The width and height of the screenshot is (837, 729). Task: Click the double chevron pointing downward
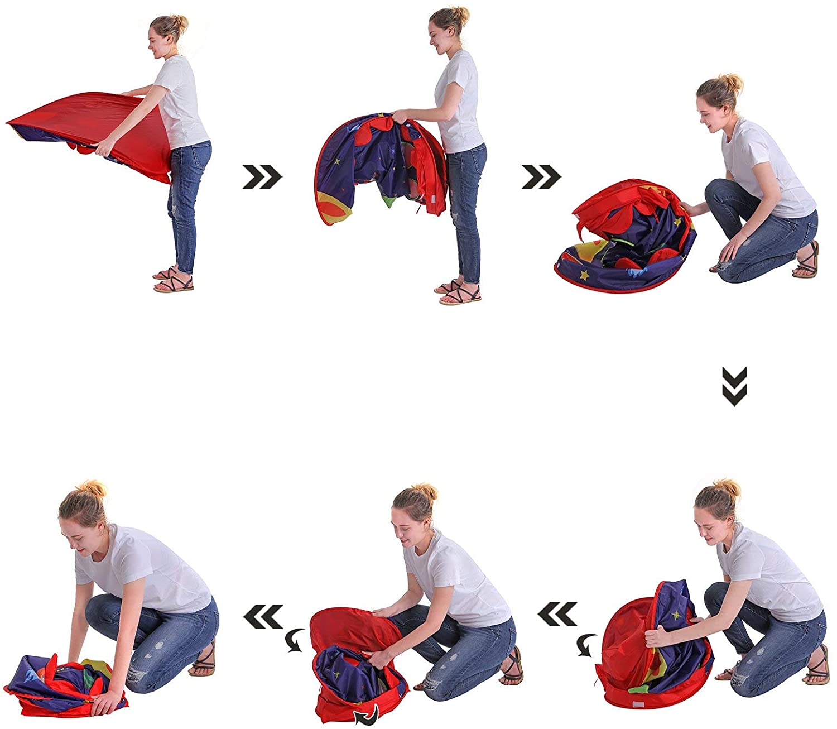pos(734,386)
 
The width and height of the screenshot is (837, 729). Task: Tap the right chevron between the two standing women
pos(262,177)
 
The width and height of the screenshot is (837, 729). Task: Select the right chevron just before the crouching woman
pos(541,177)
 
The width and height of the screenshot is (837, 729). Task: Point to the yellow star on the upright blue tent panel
pos(677,615)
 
